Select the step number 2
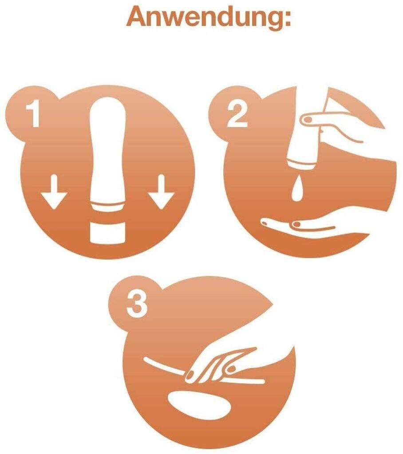click(x=237, y=114)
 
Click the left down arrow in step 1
click(x=54, y=192)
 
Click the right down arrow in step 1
click(x=162, y=192)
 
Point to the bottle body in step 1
click(x=108, y=154)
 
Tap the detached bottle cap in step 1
click(x=108, y=232)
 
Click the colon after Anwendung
click(x=287, y=19)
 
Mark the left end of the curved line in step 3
click(x=146, y=359)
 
